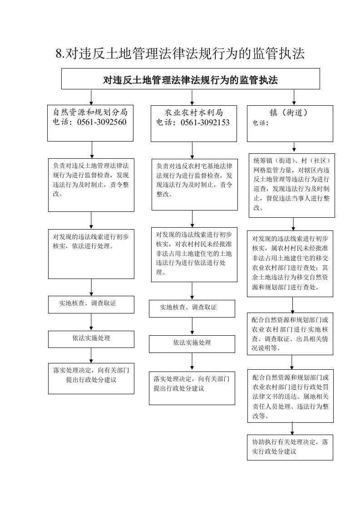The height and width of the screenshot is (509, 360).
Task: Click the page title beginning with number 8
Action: coord(180,54)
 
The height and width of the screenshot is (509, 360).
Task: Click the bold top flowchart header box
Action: coord(190,78)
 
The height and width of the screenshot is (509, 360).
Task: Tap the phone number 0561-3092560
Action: coord(102,122)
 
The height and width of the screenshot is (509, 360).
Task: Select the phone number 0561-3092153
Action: coord(205,122)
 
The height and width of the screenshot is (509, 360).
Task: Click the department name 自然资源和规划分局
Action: coord(90,113)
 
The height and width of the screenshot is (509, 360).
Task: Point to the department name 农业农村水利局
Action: coord(194,113)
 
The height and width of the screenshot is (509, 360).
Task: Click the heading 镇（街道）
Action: coord(288,113)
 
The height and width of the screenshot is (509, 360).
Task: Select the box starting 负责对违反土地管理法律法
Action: coord(91,185)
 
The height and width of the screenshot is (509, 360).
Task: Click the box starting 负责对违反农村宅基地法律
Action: coord(195,184)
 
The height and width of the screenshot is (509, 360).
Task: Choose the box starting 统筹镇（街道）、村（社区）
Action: coord(292,186)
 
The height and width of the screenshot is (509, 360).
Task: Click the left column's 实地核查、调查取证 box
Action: coord(91,304)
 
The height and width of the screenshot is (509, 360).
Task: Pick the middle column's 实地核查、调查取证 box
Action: coord(192,308)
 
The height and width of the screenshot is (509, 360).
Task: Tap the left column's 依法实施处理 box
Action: coord(91,339)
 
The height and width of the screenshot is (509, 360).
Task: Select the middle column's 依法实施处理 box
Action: coord(192,344)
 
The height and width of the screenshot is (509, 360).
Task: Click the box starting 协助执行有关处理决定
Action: coord(290,447)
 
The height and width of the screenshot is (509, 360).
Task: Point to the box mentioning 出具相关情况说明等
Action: coord(290,334)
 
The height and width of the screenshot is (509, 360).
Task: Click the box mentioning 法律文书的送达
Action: coord(291,396)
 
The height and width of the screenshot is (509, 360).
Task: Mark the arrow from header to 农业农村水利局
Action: coord(192,97)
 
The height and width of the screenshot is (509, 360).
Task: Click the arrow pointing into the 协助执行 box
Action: coord(292,429)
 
